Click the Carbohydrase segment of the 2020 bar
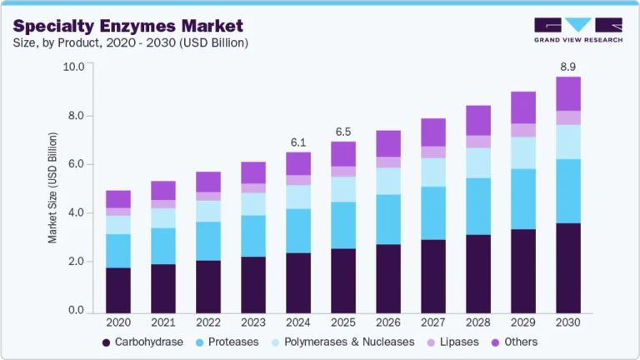117,289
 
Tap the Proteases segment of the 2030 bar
567,191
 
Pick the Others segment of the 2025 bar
342,153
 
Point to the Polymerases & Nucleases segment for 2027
432,172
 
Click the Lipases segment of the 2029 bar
522,130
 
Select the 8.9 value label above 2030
567,65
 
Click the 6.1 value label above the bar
297,142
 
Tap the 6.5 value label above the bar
342,132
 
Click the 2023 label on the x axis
252,322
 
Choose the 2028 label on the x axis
477,322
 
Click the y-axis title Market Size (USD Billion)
52,187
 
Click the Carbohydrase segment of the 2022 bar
207,286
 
